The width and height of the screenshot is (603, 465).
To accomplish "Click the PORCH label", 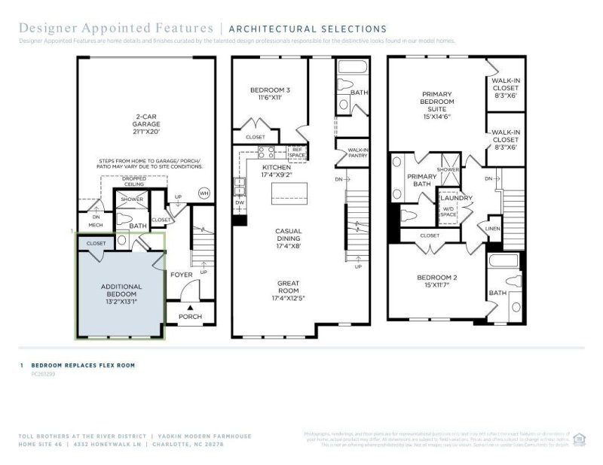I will pos(190,316).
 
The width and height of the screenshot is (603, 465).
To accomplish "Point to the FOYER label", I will pos(182,275).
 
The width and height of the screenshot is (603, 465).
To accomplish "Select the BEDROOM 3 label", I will pos(269,94).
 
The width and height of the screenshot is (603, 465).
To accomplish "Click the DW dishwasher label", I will pos(240,202).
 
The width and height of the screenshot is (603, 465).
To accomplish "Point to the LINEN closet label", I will pos(493,228).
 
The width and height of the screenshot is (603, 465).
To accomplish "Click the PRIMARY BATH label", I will pos(422,181).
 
